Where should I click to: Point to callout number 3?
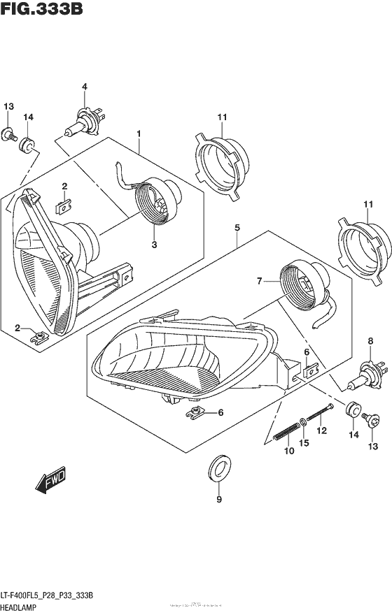154,245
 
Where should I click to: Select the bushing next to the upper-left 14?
29,145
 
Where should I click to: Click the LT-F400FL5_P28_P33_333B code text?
53,595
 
